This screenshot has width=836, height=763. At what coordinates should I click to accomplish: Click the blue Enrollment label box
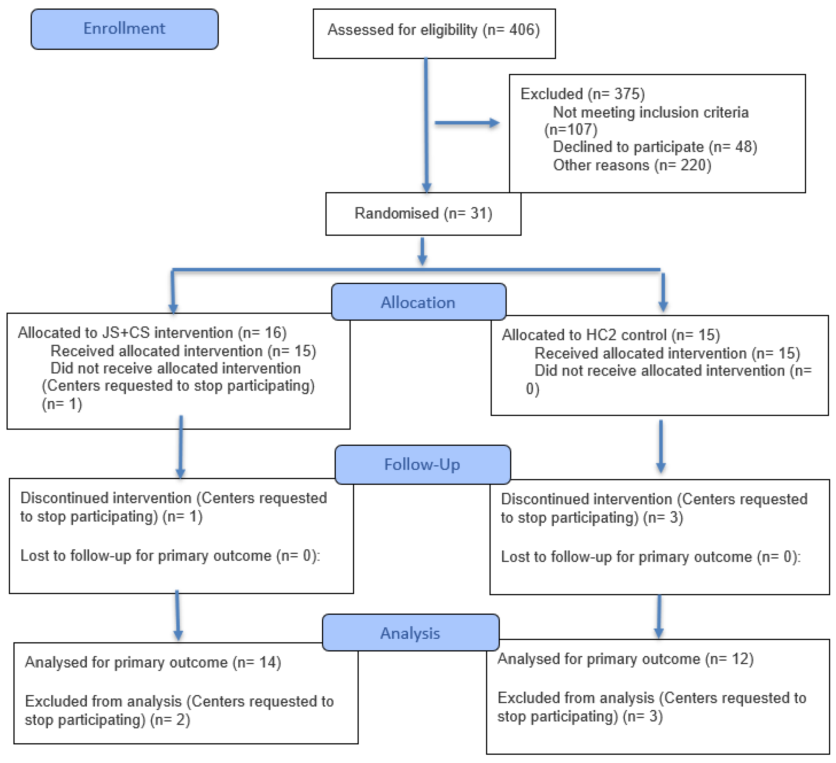tap(124, 29)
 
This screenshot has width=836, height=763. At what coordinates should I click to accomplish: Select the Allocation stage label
tap(418, 302)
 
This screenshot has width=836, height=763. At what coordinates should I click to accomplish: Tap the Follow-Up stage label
tap(422, 464)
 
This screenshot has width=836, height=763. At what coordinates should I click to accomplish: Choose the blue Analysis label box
tap(410, 633)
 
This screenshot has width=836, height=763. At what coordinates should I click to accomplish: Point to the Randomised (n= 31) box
tap(423, 214)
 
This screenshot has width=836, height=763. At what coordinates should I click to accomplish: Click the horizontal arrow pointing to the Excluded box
tap(466, 123)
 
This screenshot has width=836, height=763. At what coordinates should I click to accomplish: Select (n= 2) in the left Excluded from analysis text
tap(170, 720)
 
